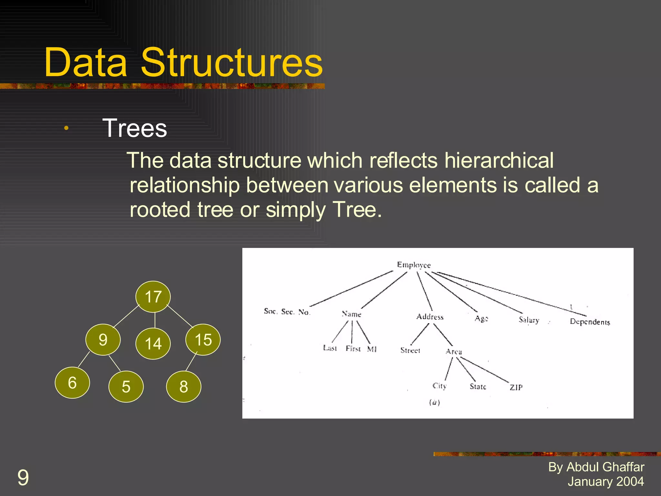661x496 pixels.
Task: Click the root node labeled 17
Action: click(x=153, y=297)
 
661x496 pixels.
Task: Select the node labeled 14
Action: click(x=153, y=344)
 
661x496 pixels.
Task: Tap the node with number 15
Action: click(x=203, y=340)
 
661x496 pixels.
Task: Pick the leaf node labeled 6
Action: click(x=72, y=383)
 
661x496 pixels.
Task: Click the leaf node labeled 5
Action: click(x=126, y=387)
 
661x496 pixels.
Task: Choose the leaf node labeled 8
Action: click(x=184, y=387)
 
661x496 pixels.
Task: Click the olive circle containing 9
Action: click(x=103, y=340)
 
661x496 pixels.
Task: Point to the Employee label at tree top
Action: click(x=414, y=265)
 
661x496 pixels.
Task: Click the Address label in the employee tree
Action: click(x=430, y=317)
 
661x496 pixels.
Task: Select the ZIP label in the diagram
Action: click(x=516, y=387)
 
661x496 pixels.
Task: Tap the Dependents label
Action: click(x=590, y=322)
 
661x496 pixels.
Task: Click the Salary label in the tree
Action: click(x=529, y=320)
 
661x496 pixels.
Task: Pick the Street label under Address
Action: click(x=410, y=350)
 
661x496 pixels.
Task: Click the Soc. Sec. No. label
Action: click(x=287, y=312)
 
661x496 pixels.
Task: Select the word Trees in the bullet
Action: click(x=135, y=128)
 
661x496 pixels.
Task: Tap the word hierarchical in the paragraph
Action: click(x=499, y=160)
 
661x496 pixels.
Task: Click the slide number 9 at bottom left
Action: click(x=23, y=478)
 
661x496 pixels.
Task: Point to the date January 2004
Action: click(x=605, y=481)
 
